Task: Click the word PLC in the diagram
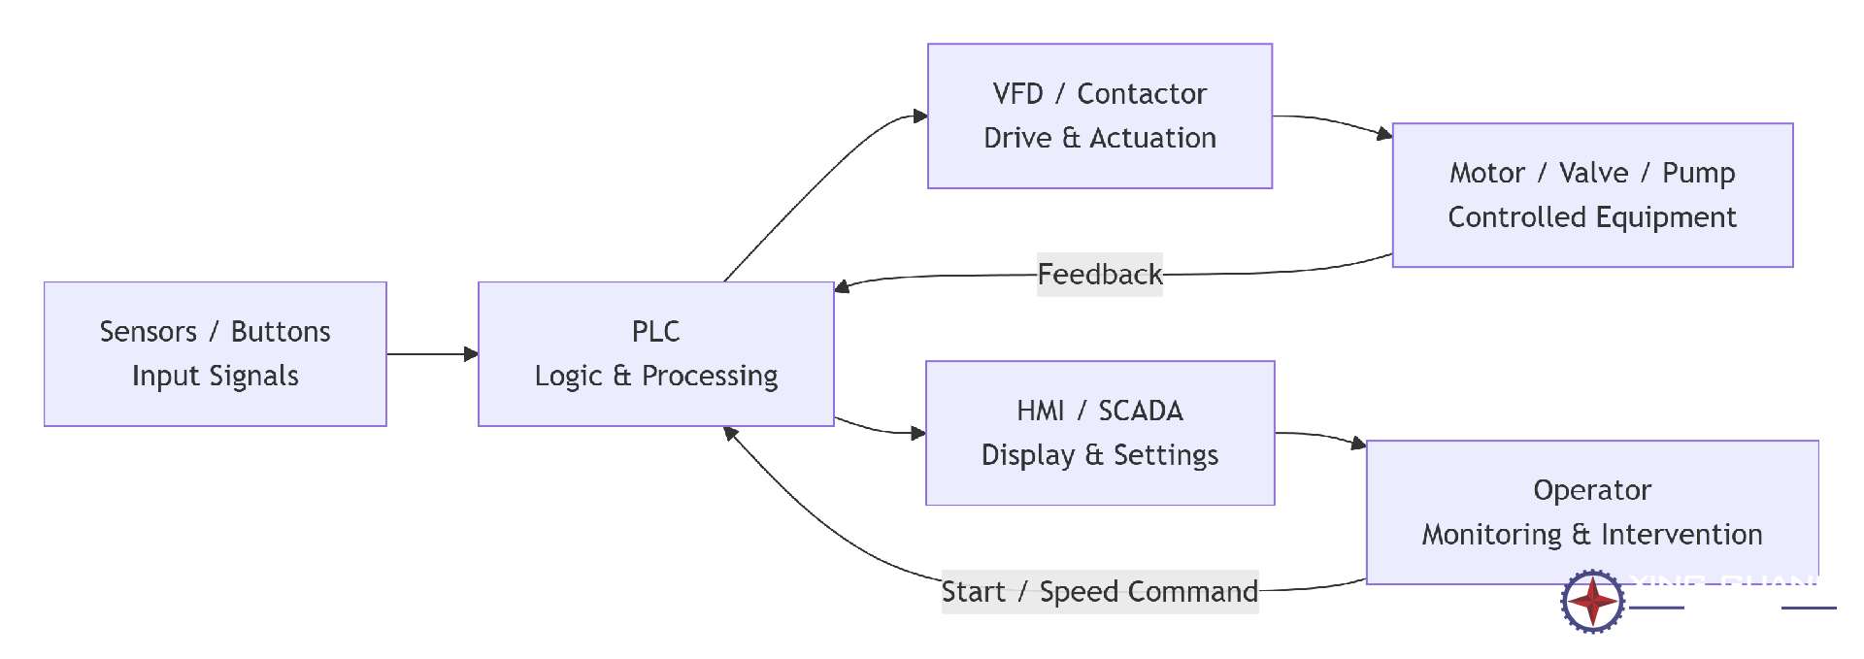(x=655, y=332)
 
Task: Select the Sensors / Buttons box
(x=215, y=353)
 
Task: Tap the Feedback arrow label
(x=1099, y=275)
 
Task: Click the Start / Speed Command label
(x=1099, y=592)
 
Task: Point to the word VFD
(x=1017, y=94)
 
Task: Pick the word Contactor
(x=1142, y=94)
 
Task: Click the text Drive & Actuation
(x=1099, y=138)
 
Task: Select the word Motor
(x=1487, y=173)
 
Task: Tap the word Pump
(x=1698, y=173)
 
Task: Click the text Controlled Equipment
(x=1592, y=217)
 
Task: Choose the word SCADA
(x=1141, y=412)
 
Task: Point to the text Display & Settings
(x=1099, y=455)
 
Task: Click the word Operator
(x=1592, y=490)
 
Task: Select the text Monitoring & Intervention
(x=1592, y=535)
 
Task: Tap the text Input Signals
(x=215, y=376)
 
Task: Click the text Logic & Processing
(x=655, y=376)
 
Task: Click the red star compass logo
(x=1592, y=602)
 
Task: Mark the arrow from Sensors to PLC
(x=432, y=354)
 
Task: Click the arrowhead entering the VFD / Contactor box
(x=919, y=116)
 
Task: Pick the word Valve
(x=1593, y=173)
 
